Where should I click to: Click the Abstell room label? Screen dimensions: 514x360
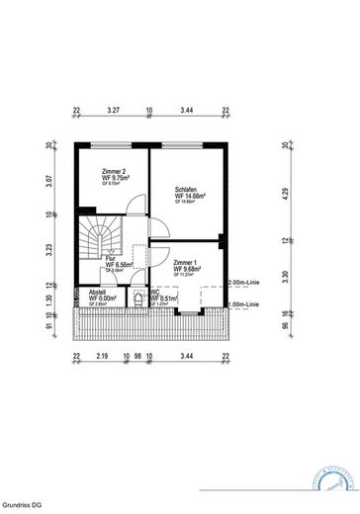(x=97, y=294)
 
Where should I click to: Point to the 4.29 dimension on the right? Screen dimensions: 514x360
(x=286, y=195)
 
